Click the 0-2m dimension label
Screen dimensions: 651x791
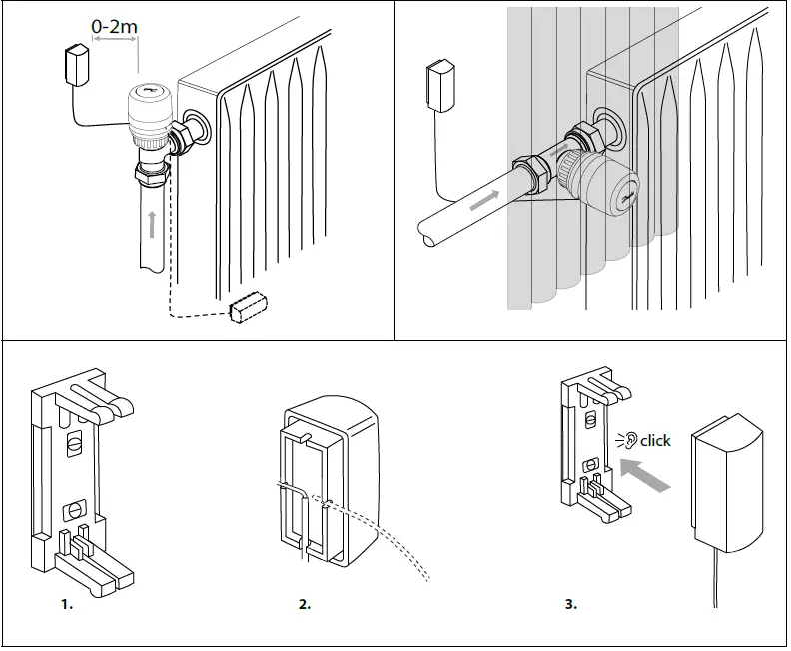[x=115, y=23]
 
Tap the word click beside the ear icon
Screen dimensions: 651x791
[x=656, y=440]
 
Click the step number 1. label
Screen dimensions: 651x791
[x=67, y=604]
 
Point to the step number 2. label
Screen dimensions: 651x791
[x=305, y=604]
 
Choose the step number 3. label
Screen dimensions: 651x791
[x=571, y=604]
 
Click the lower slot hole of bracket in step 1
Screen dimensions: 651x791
[x=72, y=509]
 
